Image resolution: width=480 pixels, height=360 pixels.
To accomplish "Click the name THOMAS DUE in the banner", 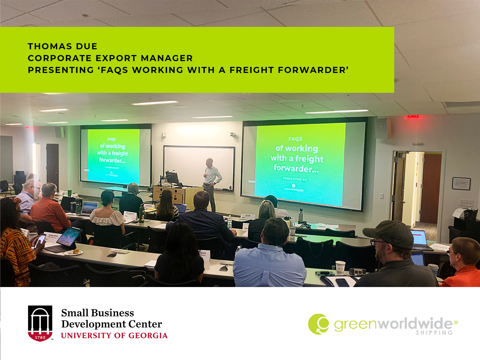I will [62, 46].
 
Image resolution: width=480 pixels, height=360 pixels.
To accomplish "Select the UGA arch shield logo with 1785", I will [40, 323].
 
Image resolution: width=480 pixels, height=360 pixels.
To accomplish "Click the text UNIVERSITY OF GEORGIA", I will [114, 336].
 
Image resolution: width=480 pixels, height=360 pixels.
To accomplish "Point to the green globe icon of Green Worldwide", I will [318, 324].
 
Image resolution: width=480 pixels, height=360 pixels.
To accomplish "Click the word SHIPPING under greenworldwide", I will [434, 333].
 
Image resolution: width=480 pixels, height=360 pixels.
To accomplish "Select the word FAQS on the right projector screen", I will [295, 139].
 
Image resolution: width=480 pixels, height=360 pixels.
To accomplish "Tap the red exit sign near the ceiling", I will [413, 116].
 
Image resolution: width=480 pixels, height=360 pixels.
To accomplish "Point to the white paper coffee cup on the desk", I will [340, 267].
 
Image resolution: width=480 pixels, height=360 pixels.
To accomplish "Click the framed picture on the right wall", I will [461, 183].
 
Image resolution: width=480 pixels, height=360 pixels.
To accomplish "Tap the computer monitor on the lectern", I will [172, 177].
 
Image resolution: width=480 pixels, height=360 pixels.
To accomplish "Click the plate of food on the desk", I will [74, 252].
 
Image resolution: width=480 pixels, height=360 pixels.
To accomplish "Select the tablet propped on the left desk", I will [69, 237].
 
